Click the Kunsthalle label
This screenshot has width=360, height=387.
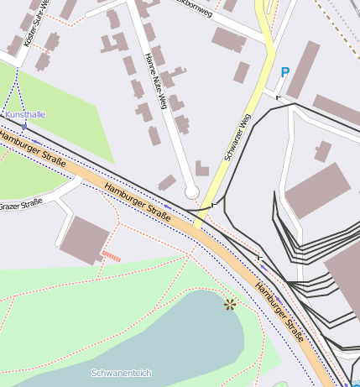coord(25,114)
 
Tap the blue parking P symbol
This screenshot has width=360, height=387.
coord(285,73)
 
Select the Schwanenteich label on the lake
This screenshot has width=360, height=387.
coord(122,372)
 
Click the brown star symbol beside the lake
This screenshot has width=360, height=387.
coord(230,304)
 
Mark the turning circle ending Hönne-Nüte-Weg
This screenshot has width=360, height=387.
coord(192,193)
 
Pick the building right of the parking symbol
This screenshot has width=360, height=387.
coord(304,69)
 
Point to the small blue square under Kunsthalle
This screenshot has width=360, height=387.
coord(24,125)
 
